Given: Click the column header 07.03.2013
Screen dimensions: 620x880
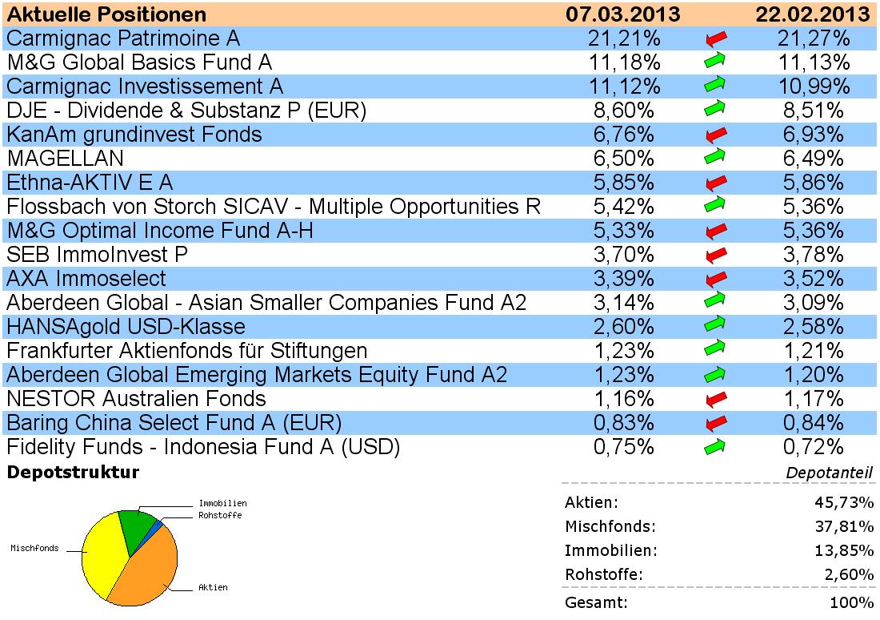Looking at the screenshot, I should [622, 14].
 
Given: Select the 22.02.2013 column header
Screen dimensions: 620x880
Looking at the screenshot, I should [812, 14].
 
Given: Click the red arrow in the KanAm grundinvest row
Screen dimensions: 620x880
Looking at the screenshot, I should [716, 135].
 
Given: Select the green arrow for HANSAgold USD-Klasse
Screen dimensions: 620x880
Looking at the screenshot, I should [716, 327].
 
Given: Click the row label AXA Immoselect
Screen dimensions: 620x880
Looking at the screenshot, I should [86, 279].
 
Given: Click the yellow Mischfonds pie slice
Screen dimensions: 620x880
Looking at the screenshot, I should [100, 553].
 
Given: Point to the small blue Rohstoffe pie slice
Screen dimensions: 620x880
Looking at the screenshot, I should [159, 525].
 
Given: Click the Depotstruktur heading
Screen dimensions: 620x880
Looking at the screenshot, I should [73, 473].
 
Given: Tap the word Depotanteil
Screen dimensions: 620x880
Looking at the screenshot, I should [829, 473].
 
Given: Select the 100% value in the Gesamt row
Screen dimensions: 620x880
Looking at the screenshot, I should [853, 602].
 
